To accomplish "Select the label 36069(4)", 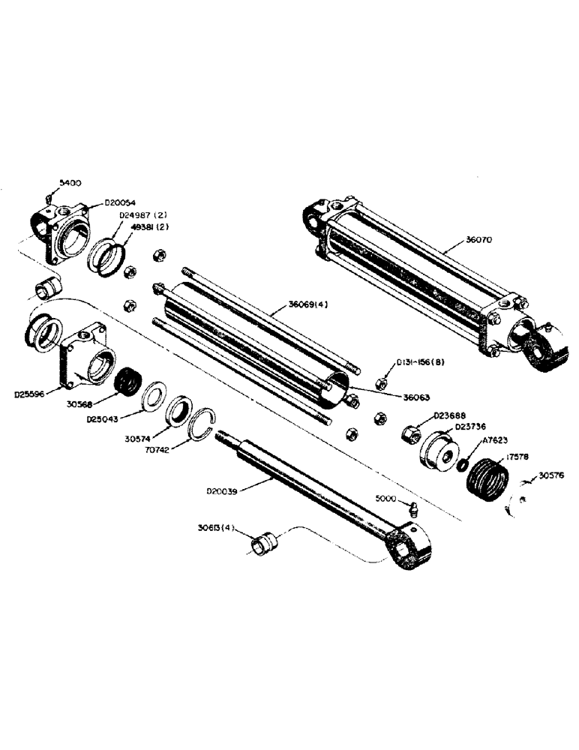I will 307,305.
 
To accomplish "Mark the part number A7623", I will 494,442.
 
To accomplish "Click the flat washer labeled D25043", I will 156,395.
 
